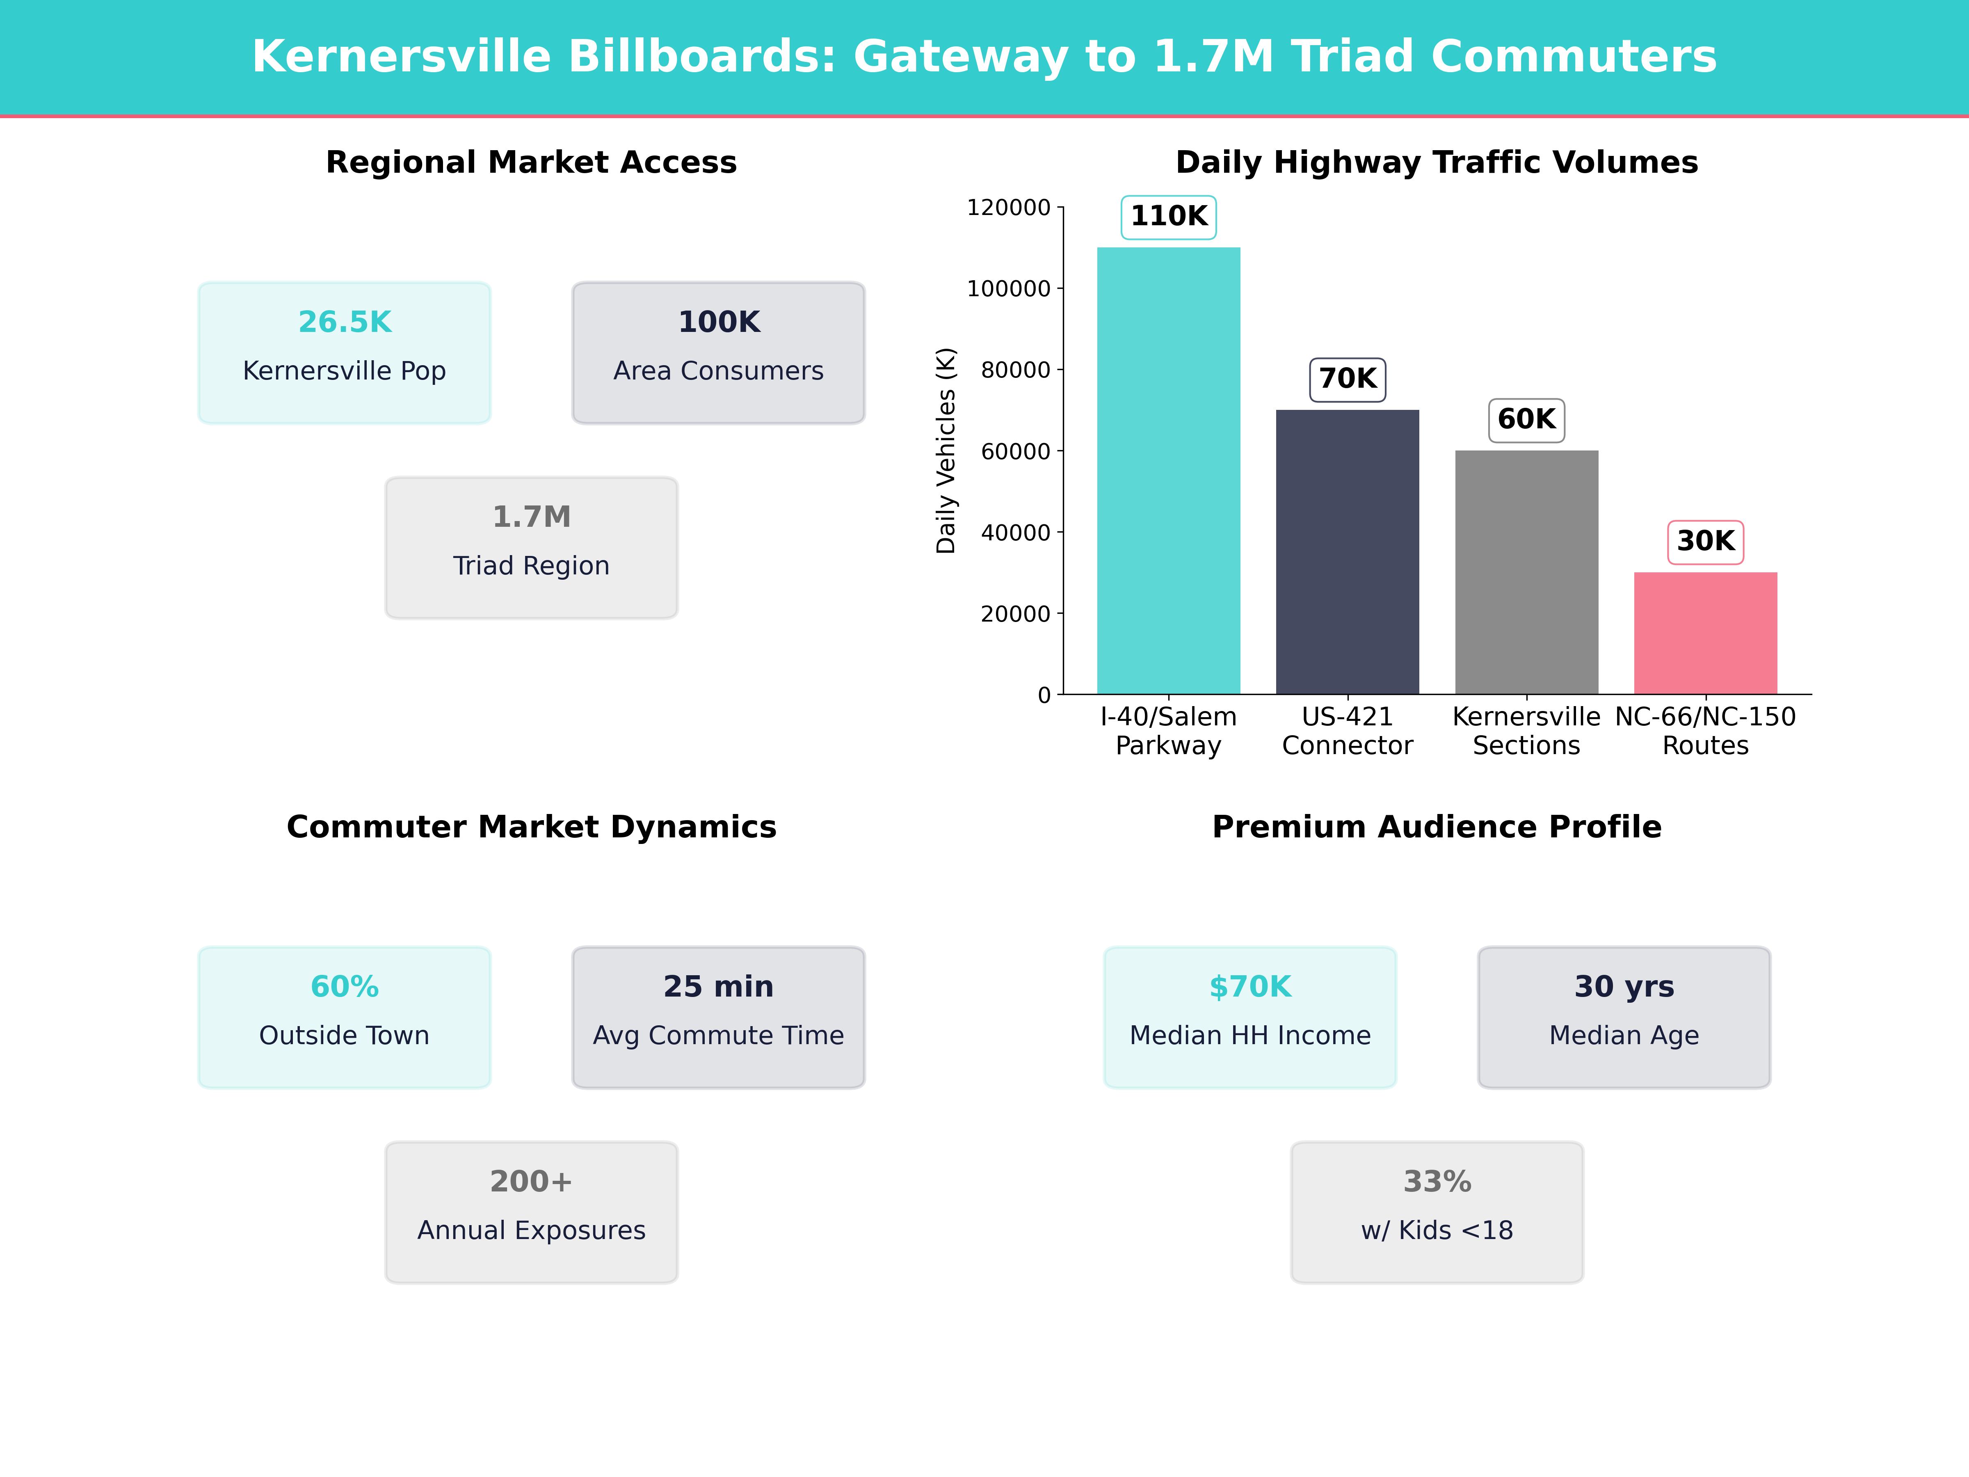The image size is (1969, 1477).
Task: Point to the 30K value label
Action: tap(1706, 541)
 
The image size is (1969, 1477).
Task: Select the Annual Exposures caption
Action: tap(531, 1230)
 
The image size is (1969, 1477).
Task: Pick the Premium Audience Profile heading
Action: tap(1437, 827)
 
